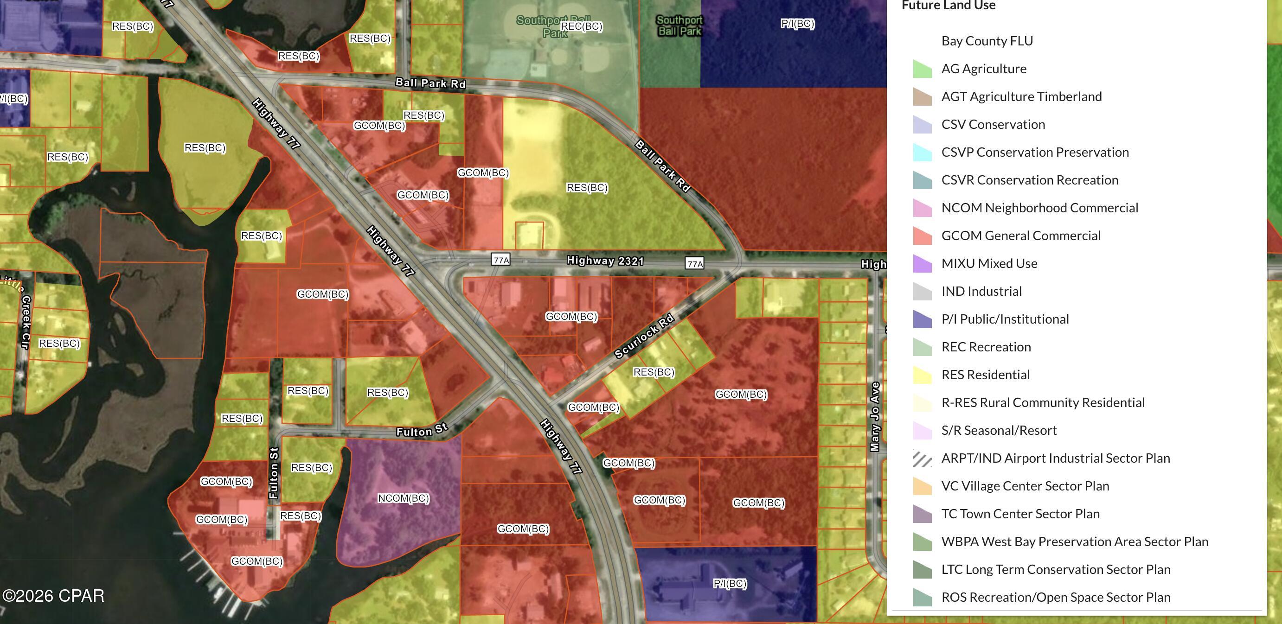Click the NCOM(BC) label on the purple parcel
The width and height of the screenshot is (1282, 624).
pos(403,498)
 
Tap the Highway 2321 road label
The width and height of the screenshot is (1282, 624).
pos(605,261)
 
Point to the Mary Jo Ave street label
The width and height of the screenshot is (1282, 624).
pos(875,416)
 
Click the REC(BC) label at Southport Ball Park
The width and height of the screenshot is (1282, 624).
pos(581,26)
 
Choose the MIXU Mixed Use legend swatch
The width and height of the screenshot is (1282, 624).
pos(922,263)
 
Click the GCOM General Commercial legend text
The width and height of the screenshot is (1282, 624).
pos(1021,236)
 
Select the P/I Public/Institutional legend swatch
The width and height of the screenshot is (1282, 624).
pos(922,319)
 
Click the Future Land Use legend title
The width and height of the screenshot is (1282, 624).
pos(949,6)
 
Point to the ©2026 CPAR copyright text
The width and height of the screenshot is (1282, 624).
pos(53,596)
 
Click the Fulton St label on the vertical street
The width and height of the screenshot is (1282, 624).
pos(274,473)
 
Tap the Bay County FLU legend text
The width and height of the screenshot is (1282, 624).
pos(987,41)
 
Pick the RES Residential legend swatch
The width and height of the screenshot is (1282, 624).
pos(922,375)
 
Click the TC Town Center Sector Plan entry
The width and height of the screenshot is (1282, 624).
pos(1020,514)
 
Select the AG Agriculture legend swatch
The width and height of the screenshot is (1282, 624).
pos(922,69)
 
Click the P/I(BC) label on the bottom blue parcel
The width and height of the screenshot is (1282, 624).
pos(730,583)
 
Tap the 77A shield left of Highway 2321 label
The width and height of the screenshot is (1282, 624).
pos(500,260)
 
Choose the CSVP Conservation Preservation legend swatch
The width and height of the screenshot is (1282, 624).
pos(922,152)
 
